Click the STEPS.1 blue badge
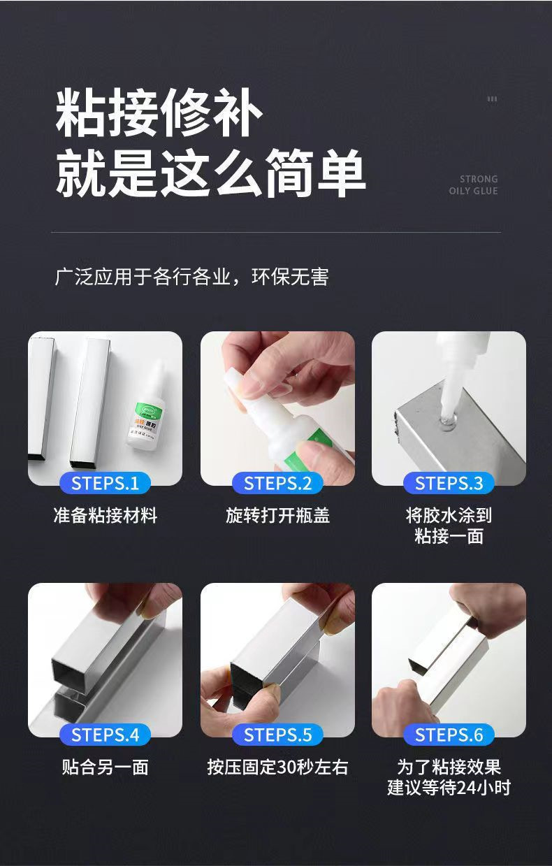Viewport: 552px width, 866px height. coord(105,483)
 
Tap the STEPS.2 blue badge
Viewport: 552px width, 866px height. coord(277,483)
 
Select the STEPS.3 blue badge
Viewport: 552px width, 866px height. coord(449,483)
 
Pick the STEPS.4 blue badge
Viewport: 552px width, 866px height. coord(105,735)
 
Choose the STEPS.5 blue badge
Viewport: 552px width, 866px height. coord(277,735)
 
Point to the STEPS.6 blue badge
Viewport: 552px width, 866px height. coord(449,735)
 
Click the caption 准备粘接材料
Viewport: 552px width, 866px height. coord(106,516)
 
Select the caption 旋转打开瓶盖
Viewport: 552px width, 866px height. coord(277,516)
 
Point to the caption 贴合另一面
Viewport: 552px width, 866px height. coord(106,767)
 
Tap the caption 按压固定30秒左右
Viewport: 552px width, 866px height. coord(277,767)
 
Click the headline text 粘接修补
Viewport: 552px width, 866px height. coord(159,113)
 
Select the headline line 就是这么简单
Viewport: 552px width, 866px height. coord(210,173)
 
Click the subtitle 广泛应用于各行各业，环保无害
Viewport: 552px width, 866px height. coord(191,277)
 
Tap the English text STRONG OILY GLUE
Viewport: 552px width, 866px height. coord(474,185)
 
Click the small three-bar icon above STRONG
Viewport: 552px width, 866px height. coord(492,99)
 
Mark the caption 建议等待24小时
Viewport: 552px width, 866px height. coord(449,788)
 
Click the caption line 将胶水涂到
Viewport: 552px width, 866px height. coord(449,516)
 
